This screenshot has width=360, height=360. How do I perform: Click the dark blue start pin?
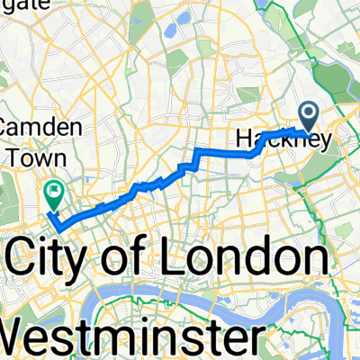coord(308,116)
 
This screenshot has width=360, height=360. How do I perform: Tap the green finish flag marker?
coord(53,191)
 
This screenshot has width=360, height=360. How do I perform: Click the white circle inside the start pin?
coord(308,112)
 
